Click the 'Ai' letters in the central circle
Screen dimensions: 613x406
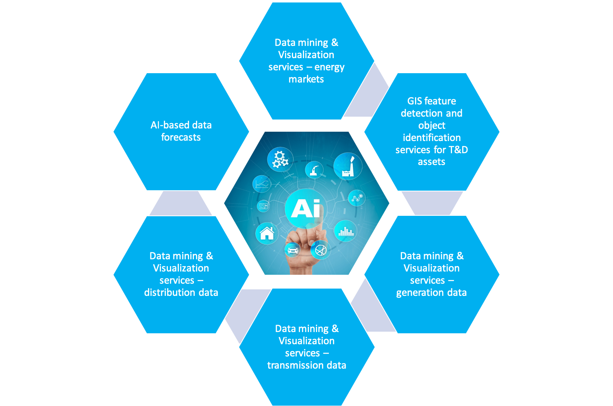point(306,208)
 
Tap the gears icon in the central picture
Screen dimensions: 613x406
point(280,159)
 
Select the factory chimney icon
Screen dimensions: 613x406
point(348,166)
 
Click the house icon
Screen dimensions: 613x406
point(267,233)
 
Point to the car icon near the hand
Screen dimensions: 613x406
point(293,250)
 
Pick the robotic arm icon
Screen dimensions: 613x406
point(314,170)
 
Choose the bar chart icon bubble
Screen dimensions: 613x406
point(346,231)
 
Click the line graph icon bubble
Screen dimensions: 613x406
point(262,184)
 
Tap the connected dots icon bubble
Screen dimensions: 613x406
point(356,198)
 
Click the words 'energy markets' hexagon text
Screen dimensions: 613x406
point(306,73)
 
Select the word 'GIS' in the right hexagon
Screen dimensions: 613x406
point(414,101)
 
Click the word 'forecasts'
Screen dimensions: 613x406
point(181,137)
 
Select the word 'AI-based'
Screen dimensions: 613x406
point(170,125)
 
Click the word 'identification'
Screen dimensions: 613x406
point(432,137)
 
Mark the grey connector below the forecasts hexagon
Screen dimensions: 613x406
point(180,203)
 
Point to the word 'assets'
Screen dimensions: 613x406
point(432,162)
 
